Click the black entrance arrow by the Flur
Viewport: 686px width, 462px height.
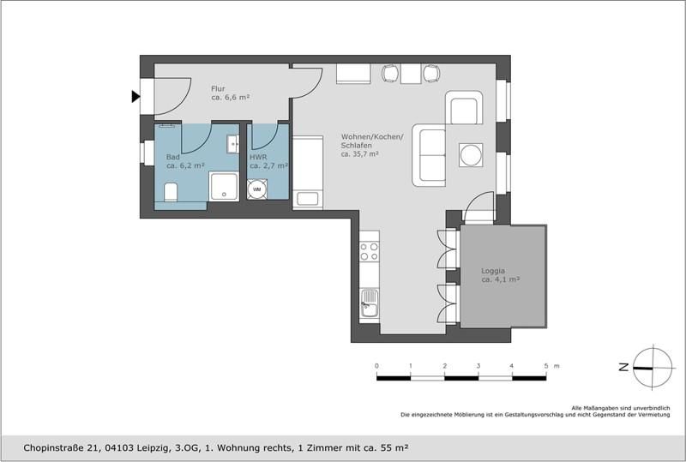point(135,96)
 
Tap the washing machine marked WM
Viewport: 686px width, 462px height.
point(256,189)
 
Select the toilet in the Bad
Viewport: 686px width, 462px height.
point(171,192)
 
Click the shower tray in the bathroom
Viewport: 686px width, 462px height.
point(224,186)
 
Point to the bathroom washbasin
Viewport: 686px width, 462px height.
point(232,144)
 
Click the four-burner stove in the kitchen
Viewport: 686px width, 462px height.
point(370,251)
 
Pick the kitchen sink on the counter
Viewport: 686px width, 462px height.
point(370,303)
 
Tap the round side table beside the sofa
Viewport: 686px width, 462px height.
point(471,155)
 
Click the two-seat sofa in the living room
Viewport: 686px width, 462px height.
point(429,155)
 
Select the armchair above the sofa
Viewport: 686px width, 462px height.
point(464,108)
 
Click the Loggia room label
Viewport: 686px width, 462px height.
point(492,271)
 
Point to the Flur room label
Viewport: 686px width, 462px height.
point(218,88)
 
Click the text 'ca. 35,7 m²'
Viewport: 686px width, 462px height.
point(359,154)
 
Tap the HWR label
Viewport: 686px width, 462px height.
point(258,157)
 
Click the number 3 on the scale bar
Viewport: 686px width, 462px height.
point(478,366)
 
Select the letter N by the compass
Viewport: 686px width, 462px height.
point(624,368)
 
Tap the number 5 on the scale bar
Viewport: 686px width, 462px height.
point(546,366)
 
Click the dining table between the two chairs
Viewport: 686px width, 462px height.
point(411,74)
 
